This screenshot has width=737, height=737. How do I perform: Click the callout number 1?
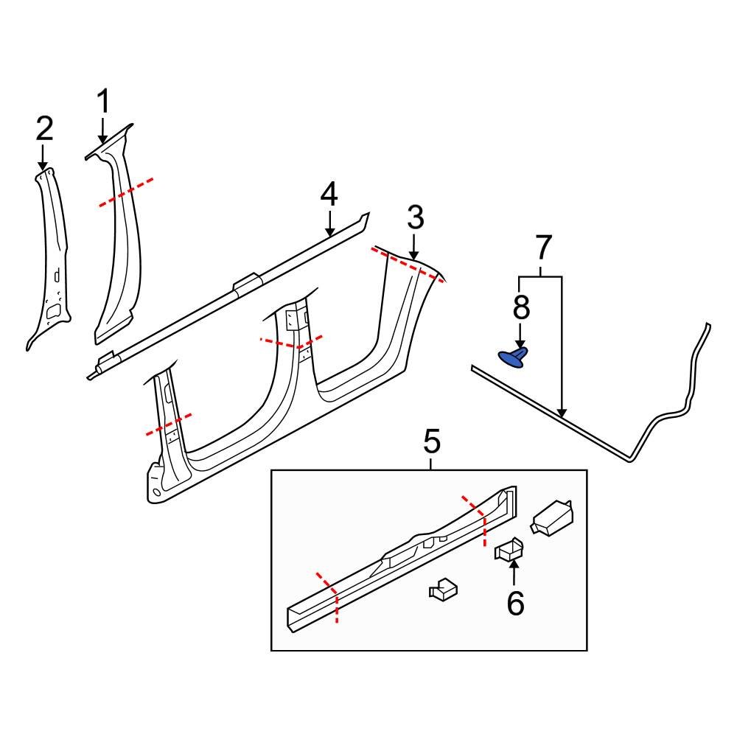pyautogui.click(x=103, y=102)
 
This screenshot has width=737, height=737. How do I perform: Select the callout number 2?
pyautogui.click(x=44, y=129)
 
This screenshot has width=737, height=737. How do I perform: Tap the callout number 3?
pyautogui.click(x=415, y=218)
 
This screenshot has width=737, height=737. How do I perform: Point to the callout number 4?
pyautogui.click(x=329, y=195)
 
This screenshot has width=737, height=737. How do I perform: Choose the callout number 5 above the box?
pyautogui.click(x=431, y=443)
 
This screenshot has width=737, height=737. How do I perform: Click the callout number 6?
pyautogui.click(x=514, y=604)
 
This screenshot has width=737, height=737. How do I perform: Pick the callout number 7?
pyautogui.click(x=542, y=248)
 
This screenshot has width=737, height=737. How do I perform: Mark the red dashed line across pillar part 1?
pyautogui.click(x=127, y=192)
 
